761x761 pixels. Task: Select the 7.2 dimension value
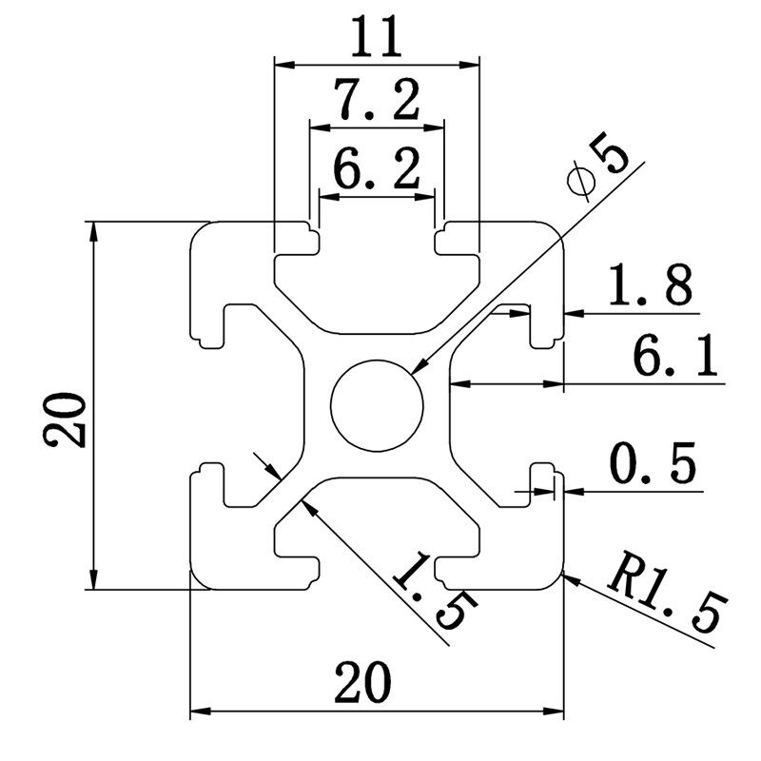[x=376, y=100]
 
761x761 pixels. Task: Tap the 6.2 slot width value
[x=377, y=171]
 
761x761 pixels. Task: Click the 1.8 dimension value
[x=652, y=285]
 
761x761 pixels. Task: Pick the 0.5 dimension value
[x=652, y=466]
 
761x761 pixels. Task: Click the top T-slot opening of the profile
[x=377, y=238]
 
